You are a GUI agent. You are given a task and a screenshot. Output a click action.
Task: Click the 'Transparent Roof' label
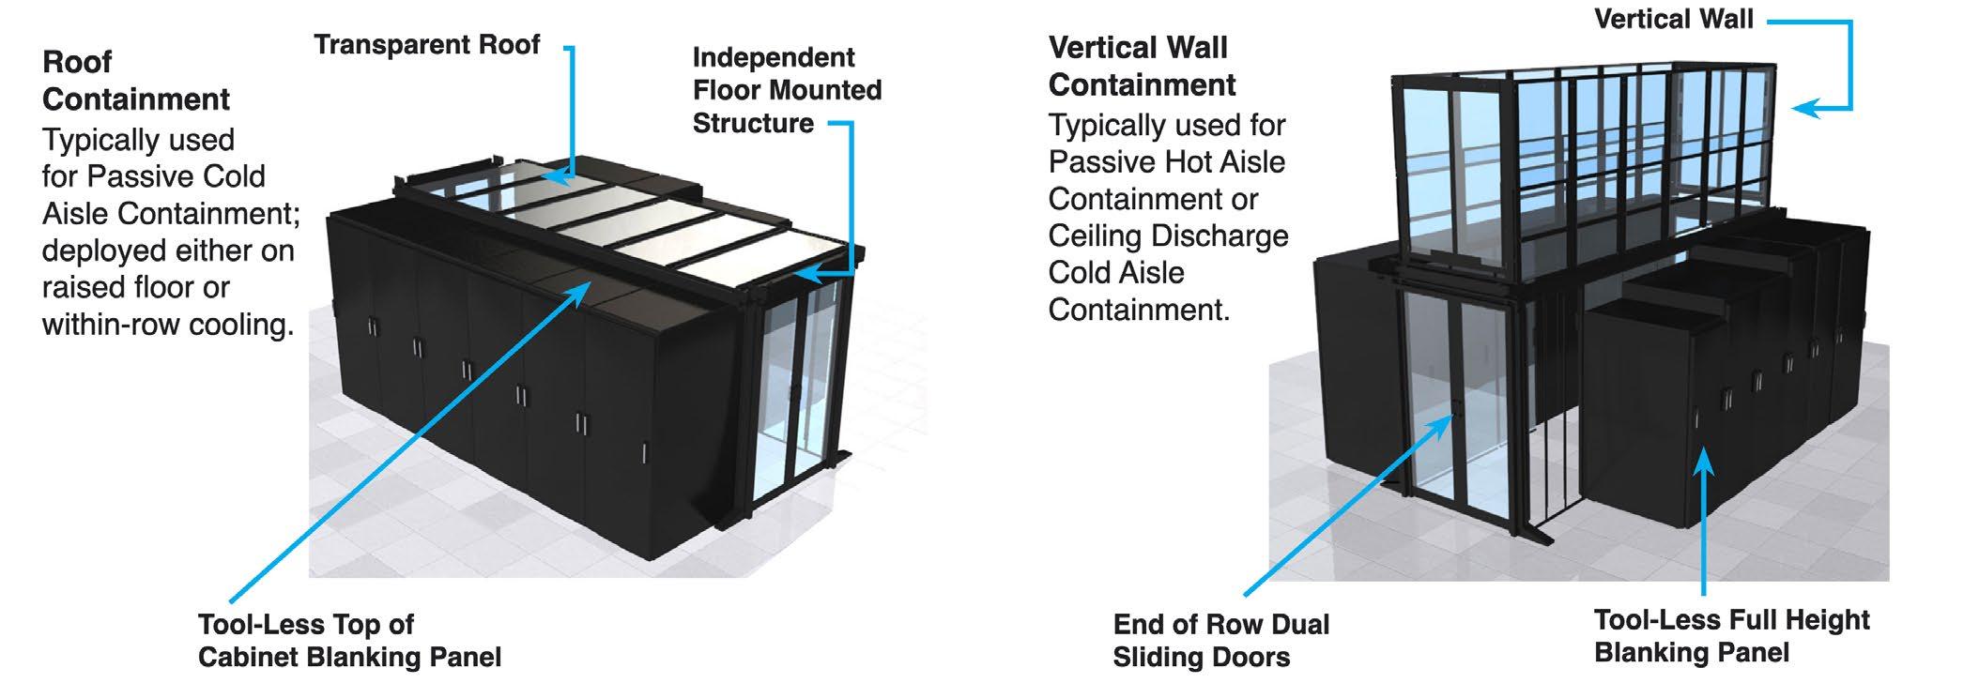[427, 45]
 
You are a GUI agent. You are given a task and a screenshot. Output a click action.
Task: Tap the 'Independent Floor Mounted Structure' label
[787, 90]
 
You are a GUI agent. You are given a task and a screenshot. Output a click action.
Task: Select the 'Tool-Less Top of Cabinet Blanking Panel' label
[349, 641]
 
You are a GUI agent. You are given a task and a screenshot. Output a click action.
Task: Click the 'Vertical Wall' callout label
[1673, 19]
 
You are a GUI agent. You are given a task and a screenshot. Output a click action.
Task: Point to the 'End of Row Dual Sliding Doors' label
[1220, 641]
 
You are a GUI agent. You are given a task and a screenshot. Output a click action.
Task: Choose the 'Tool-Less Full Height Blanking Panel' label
[1731, 636]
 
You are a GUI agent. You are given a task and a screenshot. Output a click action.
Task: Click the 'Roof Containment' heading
[136, 81]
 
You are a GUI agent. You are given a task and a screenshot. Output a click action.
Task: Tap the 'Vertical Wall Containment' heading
[1142, 66]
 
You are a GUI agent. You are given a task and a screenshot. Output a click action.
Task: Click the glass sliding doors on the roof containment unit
[798, 385]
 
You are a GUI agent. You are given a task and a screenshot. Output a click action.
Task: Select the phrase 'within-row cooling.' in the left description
[168, 325]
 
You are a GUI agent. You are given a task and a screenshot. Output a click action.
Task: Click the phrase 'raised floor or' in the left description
[135, 287]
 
